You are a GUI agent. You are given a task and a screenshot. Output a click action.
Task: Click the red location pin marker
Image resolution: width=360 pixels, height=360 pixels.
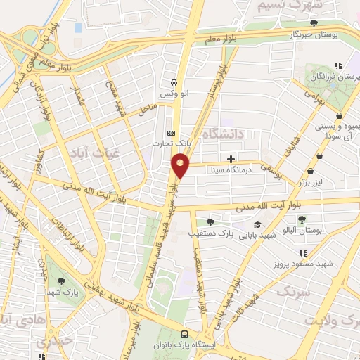click(x=181, y=165)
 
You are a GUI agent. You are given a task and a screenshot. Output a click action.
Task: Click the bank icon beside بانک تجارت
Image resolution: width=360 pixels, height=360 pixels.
click(x=171, y=133)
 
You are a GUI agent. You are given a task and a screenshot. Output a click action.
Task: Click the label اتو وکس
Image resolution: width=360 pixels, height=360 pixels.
click(x=172, y=93)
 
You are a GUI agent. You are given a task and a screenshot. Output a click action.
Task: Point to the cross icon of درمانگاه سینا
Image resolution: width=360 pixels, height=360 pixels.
click(x=231, y=159)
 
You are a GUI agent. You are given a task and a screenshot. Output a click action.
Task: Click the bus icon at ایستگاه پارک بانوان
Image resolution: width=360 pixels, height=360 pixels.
click(x=184, y=335)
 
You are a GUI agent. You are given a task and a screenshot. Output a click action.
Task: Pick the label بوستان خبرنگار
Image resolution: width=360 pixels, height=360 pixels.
click(x=326, y=34)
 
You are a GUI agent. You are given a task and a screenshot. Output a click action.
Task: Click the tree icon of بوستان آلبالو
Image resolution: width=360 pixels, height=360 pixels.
click(x=302, y=219)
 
